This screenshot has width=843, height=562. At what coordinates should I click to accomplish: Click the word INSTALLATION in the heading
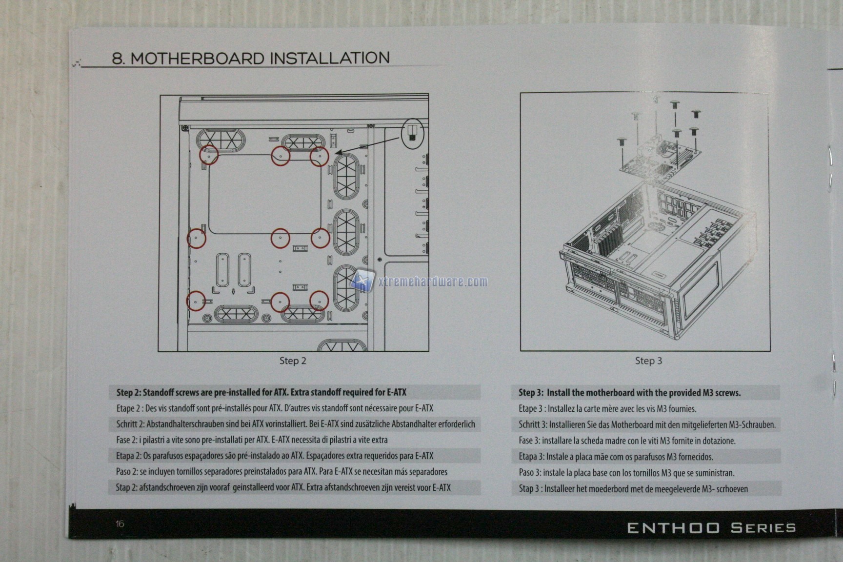(330, 58)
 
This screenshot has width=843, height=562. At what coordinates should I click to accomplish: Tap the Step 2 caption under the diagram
(293, 361)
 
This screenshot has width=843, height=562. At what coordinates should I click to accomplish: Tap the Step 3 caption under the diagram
(648, 361)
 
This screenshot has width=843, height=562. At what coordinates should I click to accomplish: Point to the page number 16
(120, 524)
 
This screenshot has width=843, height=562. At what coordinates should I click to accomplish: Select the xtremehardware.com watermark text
(433, 281)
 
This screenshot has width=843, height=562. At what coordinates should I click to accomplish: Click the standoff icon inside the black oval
(412, 132)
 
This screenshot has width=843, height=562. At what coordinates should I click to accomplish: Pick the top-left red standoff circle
(209, 155)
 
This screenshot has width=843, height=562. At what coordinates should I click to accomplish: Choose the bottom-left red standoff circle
(196, 301)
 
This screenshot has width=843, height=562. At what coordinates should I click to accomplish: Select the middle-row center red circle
(280, 238)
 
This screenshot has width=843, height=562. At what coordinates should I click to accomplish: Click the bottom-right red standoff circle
(319, 301)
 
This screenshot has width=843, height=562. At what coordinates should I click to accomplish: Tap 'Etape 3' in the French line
(530, 409)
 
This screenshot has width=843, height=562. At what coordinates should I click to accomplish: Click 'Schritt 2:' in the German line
(130, 424)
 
